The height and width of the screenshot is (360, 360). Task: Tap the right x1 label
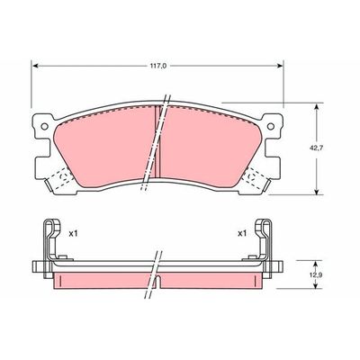242,233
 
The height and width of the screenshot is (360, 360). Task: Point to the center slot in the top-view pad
158,144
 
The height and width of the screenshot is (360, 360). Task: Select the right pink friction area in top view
211,144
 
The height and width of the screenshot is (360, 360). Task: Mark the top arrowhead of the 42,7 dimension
317,105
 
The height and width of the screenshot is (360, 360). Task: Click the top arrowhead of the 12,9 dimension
317,261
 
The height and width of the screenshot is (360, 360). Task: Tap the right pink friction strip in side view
216,281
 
